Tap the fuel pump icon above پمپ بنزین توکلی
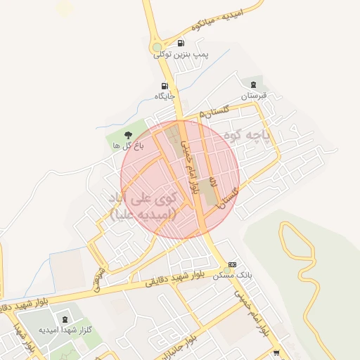[x=181, y=43]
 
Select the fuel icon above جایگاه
[x=165, y=86]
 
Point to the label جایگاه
[x=164, y=96]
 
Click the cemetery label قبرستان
[x=255, y=96]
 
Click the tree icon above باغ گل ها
[x=127, y=134]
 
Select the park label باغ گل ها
[x=128, y=146]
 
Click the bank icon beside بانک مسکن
[x=233, y=263]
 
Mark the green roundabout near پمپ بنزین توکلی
[x=157, y=49]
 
